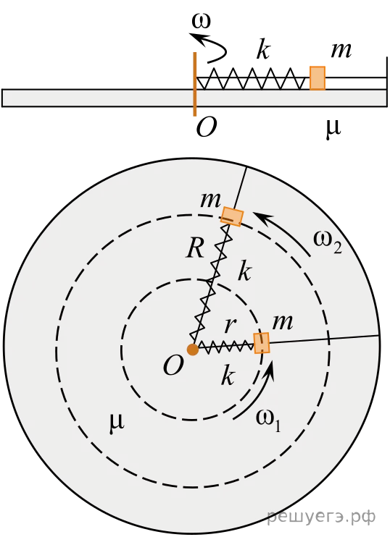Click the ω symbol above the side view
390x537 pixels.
pos(201,21)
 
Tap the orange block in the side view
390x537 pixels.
pos(318,78)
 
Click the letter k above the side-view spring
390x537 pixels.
pos(263,51)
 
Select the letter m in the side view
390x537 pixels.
pos(341,51)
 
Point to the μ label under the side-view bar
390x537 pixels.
pos(333,128)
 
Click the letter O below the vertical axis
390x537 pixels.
pos(207,127)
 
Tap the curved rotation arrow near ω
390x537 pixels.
pos(209,48)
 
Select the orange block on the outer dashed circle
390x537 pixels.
pos(232,216)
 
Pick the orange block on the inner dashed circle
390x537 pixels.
pos(262,343)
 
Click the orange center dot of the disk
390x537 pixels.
pos(193,350)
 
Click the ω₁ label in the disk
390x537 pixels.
pos(268,419)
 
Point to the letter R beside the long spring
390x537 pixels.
pos(196,248)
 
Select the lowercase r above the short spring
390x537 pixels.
pos(230,326)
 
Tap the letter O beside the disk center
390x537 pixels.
pos(173,366)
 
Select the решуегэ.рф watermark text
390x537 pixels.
pos(321,517)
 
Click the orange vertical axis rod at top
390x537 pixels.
pos(195,84)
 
